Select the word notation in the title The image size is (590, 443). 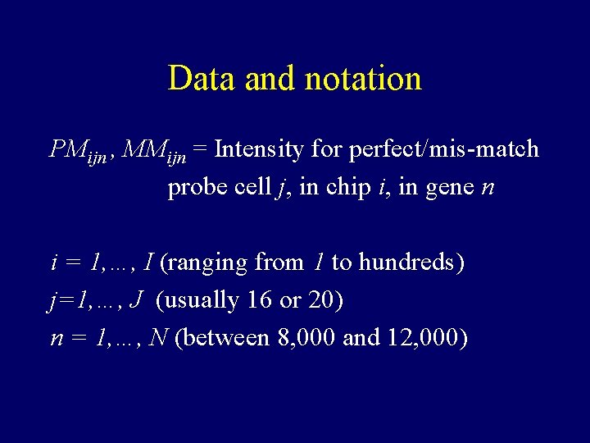tap(362, 79)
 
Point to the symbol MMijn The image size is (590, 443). tap(155, 150)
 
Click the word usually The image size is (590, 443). tap(201, 301)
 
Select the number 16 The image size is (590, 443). tap(259, 300)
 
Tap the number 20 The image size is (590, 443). tap(320, 300)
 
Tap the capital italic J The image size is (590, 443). tap(136, 300)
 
